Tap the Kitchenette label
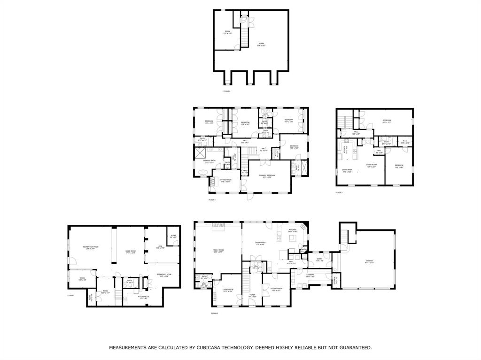coord(143,297)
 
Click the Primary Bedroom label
coord(266,176)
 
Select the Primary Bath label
coord(209,161)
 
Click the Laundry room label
coord(310,275)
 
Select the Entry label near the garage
coord(319,259)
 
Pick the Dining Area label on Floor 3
coord(347,170)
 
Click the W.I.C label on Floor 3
coord(404,142)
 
